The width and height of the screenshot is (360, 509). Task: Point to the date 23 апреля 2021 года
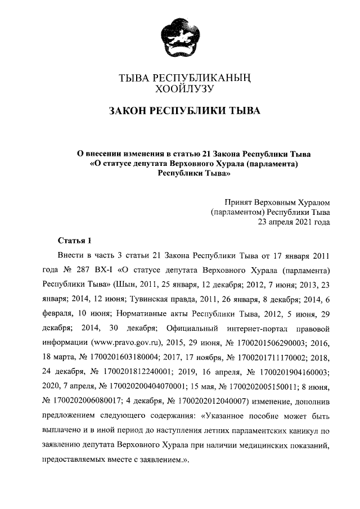click(294, 222)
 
